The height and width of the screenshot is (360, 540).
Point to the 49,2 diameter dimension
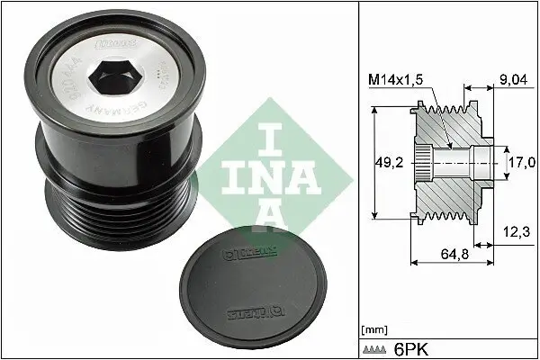click(388, 163)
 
